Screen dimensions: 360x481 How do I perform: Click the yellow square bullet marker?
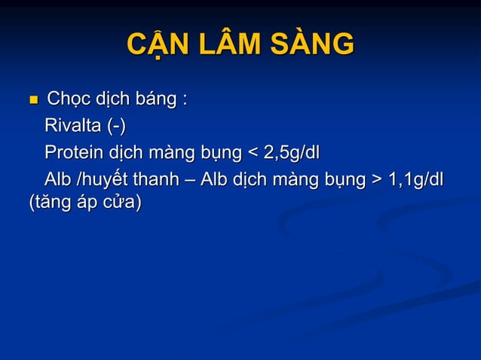point(32,99)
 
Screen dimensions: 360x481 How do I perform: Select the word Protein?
point(74,154)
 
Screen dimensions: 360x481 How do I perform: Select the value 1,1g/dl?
point(415,182)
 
